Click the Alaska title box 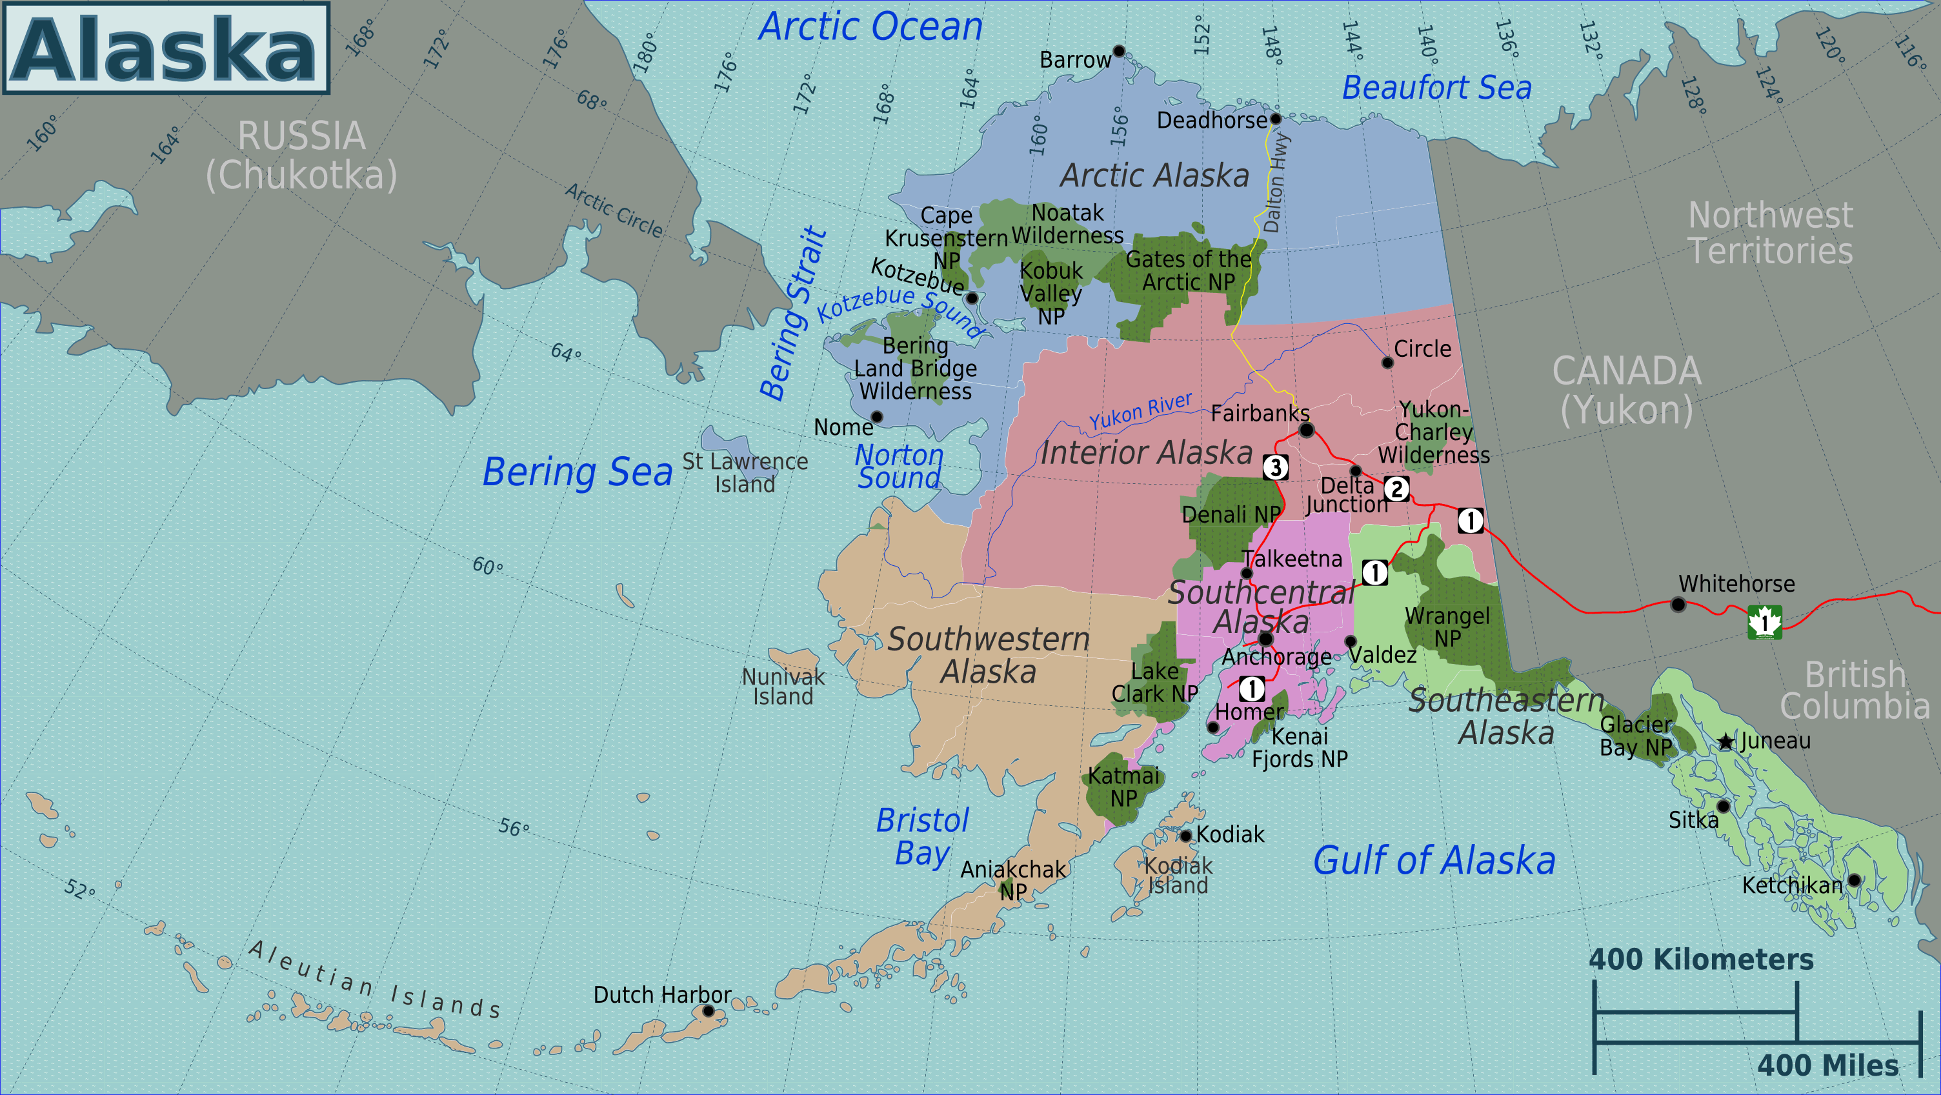pos(166,48)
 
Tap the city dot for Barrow pos(1119,51)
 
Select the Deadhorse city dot pos(1276,118)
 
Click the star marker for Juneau pos(1725,741)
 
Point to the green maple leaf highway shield pos(1765,623)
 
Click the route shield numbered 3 pos(1276,467)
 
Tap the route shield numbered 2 pos(1396,488)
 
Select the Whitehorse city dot pos(1678,605)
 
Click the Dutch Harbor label pos(661,995)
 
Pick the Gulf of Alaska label pos(1434,861)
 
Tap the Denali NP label pos(1231,515)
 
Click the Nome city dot pos(876,417)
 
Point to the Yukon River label pos(1140,411)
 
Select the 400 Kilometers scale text pos(1701,959)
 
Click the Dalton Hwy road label pos(1276,183)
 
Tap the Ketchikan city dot pos(1855,879)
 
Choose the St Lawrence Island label pos(745,472)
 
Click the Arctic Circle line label pos(614,210)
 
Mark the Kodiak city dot pos(1185,835)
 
